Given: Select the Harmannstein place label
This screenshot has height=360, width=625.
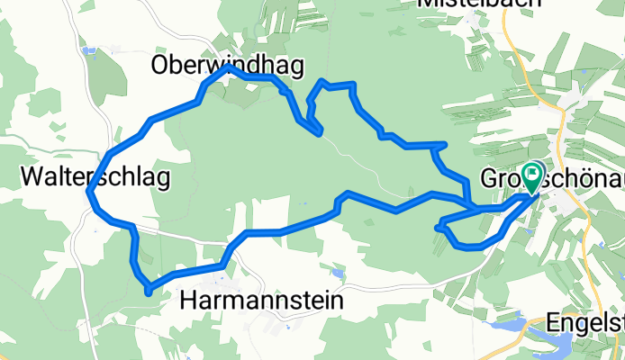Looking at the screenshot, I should [262, 300].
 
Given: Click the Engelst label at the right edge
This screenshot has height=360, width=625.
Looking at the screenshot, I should [586, 322].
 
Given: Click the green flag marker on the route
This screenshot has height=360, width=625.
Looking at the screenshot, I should [533, 174].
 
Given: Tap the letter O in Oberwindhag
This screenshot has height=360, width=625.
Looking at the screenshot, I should [161, 65].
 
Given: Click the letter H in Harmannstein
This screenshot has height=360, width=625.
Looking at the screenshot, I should [190, 300].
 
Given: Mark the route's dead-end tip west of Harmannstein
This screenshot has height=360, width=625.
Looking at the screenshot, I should [148, 290].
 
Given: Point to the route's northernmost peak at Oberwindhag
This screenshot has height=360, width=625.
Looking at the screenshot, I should [230, 67].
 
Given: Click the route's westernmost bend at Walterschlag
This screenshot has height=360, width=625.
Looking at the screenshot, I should [90, 191].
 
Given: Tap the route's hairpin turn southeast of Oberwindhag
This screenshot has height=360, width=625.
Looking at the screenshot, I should [320, 134].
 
